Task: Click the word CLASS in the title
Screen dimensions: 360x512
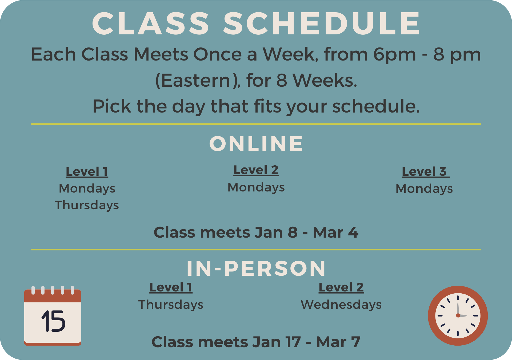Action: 151,23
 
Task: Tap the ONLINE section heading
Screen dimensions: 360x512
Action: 256,144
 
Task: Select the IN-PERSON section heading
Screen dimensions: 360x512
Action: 256,268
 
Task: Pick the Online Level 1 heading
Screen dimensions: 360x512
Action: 87,172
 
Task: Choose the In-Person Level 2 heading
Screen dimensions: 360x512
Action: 341,287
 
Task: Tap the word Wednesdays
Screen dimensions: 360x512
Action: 341,305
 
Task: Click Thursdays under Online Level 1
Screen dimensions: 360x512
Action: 87,205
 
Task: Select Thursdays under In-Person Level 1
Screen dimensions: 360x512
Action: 171,305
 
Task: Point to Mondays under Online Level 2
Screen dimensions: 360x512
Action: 256,187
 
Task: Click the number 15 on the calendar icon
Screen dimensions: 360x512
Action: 53,321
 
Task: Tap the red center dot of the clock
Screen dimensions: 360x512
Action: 458,316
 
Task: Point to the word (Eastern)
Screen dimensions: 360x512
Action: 197,80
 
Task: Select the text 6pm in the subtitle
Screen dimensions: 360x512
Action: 394,54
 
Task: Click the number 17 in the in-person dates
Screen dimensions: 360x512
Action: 293,342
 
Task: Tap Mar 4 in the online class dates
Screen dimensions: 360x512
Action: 335,232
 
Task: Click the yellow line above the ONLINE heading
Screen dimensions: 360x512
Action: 256,124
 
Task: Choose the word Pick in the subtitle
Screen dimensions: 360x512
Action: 111,106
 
